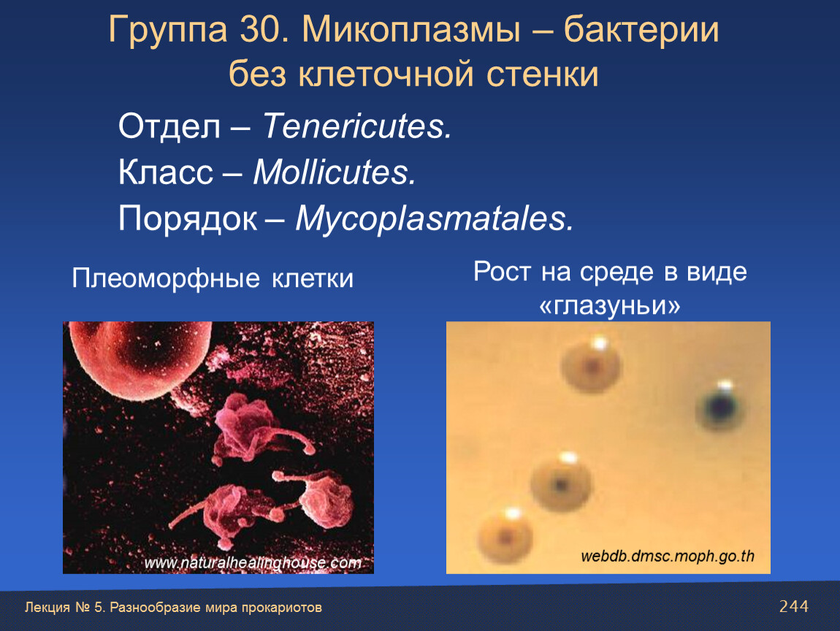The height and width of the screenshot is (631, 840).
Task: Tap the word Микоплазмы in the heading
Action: [x=411, y=30]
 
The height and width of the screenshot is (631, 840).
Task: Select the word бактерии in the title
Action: [x=641, y=31]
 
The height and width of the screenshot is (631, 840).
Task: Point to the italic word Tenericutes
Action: [x=356, y=126]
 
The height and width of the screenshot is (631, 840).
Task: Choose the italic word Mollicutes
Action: [x=335, y=172]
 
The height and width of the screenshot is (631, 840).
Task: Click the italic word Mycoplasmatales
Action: [x=435, y=219]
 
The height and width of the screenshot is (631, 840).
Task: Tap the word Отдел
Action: [x=169, y=127]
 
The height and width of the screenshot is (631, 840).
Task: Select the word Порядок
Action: [x=188, y=218]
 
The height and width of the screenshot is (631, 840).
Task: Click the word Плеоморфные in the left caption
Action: [x=166, y=278]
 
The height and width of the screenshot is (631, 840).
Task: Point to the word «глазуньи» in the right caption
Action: [x=610, y=305]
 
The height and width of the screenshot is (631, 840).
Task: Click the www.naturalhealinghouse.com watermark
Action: [x=253, y=562]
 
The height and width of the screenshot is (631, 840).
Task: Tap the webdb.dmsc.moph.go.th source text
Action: [x=668, y=556]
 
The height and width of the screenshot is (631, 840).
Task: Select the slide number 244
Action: [x=794, y=606]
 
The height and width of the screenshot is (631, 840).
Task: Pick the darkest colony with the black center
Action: [x=720, y=408]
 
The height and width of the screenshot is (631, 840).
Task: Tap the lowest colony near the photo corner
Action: [x=505, y=535]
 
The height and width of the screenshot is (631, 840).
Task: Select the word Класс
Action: [x=166, y=172]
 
